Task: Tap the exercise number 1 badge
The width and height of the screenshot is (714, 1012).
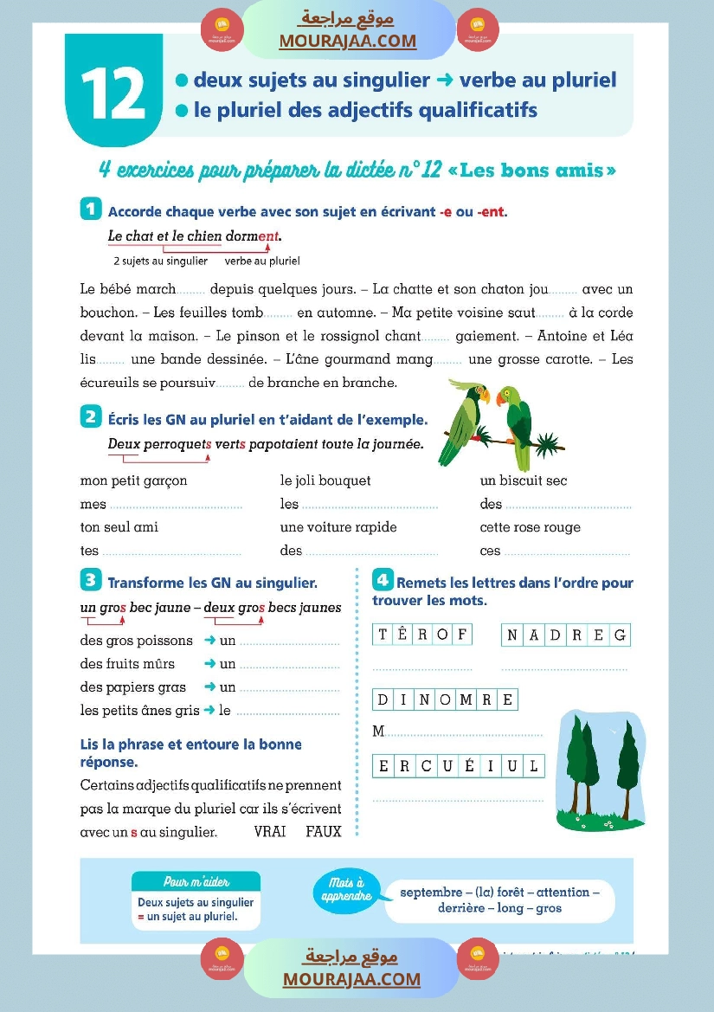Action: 91,209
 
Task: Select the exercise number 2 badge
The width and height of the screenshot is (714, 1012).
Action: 91,417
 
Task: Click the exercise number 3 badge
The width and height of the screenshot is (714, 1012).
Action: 90,579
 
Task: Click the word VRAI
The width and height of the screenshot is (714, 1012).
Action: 271,832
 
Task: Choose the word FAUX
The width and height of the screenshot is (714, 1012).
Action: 323,832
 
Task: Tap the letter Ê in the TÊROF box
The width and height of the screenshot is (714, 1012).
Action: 402,635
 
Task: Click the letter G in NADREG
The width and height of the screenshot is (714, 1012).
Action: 619,635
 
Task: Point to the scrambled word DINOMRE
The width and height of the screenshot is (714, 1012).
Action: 445,699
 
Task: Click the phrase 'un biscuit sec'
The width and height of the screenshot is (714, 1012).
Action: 524,480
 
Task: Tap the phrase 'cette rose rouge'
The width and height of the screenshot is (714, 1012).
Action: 530,527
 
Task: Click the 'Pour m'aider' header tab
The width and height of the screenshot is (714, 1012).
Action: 196,881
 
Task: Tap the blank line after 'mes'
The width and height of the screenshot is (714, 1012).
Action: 176,505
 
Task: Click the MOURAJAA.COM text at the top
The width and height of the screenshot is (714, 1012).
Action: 347,41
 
